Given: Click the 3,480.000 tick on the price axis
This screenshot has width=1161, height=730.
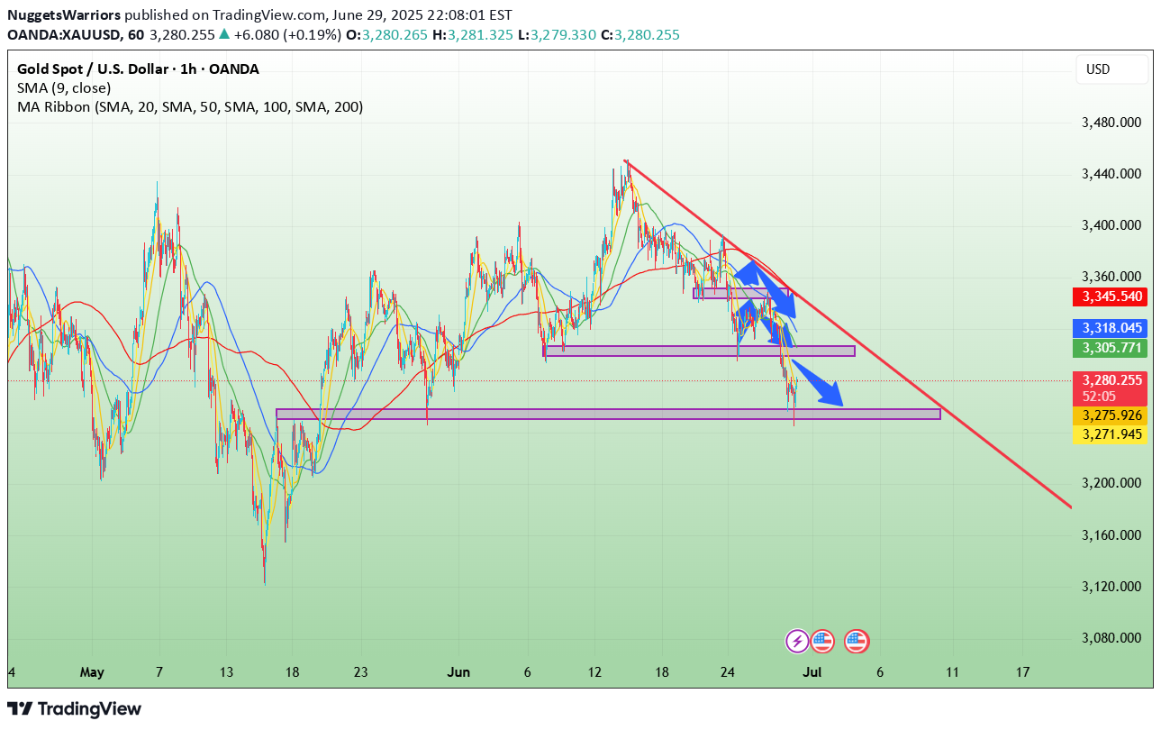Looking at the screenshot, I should pyautogui.click(x=1111, y=122).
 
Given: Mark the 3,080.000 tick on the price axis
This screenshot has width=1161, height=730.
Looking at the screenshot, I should pyautogui.click(x=1111, y=638).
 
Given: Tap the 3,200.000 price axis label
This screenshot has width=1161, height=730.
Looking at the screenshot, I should pyautogui.click(x=1111, y=483).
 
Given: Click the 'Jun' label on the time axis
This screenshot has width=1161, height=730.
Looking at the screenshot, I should pyautogui.click(x=458, y=672).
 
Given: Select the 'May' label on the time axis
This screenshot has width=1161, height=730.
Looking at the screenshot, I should pyautogui.click(x=92, y=672).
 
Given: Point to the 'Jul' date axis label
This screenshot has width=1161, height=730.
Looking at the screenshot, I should pyautogui.click(x=812, y=672).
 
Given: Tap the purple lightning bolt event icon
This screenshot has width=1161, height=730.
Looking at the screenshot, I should pyautogui.click(x=797, y=641).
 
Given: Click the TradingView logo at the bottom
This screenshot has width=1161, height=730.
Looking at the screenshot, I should pyautogui.click(x=75, y=709).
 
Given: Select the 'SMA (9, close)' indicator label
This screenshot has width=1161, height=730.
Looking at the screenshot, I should pyautogui.click(x=64, y=88).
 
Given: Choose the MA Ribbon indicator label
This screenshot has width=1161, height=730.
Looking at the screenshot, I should pyautogui.click(x=190, y=107).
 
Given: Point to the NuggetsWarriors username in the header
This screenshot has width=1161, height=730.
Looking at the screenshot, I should pyautogui.click(x=63, y=15).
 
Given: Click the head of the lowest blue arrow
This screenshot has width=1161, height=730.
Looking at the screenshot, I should pyautogui.click(x=838, y=400).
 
